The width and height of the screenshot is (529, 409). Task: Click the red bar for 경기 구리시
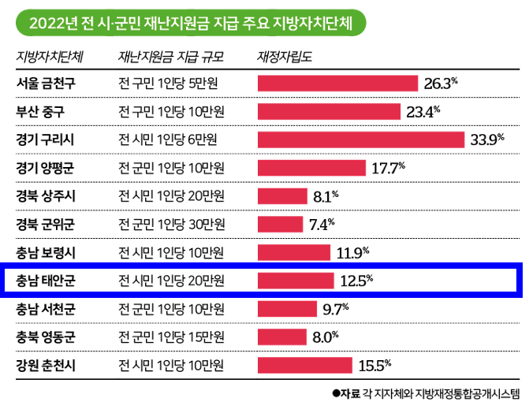[360, 139]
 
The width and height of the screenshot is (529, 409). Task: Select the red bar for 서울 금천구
[337, 83]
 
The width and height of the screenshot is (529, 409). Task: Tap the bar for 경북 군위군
[281, 224]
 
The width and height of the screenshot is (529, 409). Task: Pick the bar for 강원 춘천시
[304, 365]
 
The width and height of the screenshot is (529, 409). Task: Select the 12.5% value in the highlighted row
[356, 281]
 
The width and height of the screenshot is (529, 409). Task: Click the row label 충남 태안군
[46, 281]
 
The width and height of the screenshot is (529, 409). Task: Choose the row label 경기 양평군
[46, 168]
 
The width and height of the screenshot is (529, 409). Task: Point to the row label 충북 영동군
[46, 336]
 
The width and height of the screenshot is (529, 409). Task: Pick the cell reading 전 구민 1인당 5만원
[168, 83]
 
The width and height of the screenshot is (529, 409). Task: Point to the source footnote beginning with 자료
[426, 394]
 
